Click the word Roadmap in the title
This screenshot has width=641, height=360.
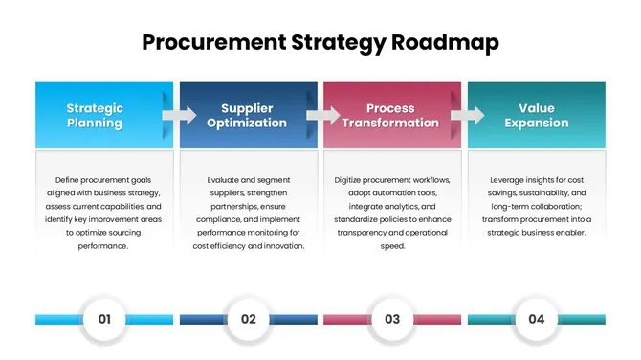(x=446, y=42)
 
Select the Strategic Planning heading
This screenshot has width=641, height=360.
(x=94, y=116)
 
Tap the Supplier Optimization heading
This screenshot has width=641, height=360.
(x=248, y=116)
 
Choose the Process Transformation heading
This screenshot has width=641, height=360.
(x=391, y=116)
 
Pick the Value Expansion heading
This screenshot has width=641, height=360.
(x=536, y=116)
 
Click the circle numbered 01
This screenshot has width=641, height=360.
(x=105, y=319)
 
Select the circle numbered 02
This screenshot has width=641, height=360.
(x=249, y=319)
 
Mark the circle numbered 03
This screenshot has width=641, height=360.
(x=392, y=319)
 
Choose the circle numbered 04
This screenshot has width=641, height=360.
(x=536, y=319)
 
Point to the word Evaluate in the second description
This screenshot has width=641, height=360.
(x=226, y=179)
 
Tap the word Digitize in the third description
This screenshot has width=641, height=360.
(x=352, y=179)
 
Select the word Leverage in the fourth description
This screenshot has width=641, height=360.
(x=509, y=179)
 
